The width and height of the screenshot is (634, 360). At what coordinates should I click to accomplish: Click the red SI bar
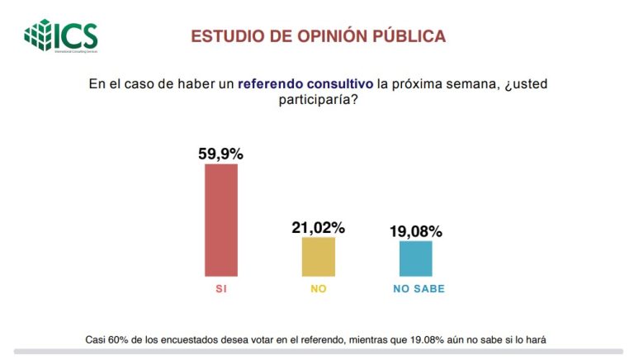[x=220, y=220]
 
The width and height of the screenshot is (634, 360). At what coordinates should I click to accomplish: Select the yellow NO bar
[x=318, y=256]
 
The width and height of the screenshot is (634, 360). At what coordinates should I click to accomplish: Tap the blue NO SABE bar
[x=415, y=258]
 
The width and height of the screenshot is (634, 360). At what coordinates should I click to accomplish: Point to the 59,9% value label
[x=220, y=154]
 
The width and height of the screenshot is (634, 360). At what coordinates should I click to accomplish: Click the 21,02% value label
[x=318, y=227]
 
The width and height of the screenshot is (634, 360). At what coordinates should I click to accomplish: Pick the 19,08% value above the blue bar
[x=415, y=231]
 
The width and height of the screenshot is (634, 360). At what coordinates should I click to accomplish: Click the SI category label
[x=220, y=290]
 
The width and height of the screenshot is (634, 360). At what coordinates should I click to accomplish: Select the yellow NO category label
[x=318, y=290]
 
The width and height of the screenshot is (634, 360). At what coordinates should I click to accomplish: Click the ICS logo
[x=61, y=36]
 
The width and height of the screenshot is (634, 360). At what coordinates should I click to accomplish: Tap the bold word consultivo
[x=341, y=84]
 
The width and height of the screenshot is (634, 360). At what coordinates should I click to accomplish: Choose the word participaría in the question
[x=317, y=100]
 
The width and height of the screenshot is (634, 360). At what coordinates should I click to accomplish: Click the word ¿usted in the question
[x=524, y=84]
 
